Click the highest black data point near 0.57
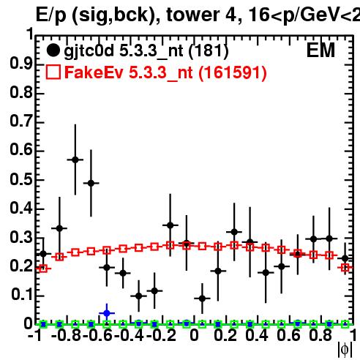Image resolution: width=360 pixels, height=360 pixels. tap(75, 160)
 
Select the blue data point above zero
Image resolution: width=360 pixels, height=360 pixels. tap(107, 313)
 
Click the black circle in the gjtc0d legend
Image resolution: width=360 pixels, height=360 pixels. tap(53, 50)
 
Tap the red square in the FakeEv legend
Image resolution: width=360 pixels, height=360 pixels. tap(53, 72)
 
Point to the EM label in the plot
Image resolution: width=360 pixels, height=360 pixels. tap(320, 50)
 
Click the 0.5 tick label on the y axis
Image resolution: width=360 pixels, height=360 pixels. tap(21, 179)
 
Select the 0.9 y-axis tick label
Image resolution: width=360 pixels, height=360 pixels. tap(21, 64)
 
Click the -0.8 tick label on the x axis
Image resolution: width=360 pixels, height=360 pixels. tap(67, 336)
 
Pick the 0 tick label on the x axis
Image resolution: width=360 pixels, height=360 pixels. tap(194, 336)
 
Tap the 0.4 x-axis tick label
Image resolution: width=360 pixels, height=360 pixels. tap(257, 336)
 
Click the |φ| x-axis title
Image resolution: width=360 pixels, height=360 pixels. tap(345, 350)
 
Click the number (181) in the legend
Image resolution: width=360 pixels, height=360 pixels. tap(209, 50)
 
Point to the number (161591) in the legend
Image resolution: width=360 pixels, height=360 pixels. tap(233, 72)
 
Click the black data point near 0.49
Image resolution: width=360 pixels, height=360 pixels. tap(91, 183)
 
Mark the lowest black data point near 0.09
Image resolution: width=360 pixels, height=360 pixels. tap(202, 299)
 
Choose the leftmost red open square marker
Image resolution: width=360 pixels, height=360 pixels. tap(43, 269)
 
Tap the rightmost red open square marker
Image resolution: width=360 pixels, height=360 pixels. tap(345, 268)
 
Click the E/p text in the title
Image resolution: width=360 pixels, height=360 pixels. tap(51, 15)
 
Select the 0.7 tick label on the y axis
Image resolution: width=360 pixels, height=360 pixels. tap(21, 121)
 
